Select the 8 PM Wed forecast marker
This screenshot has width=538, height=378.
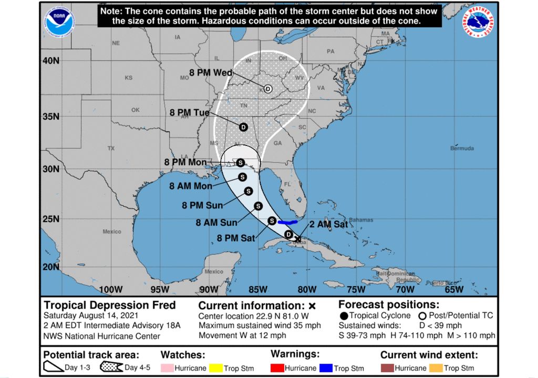(268, 89)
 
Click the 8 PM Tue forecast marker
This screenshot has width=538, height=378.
(243, 127)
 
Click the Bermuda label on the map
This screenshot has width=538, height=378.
(461, 149)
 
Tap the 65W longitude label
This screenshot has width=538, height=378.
(454, 289)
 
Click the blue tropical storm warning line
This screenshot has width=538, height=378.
(287, 222)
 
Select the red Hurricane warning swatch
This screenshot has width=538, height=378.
(277, 367)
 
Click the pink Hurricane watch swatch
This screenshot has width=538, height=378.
(167, 368)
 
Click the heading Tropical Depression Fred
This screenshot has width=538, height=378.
(109, 305)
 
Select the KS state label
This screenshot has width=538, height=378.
(128, 78)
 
